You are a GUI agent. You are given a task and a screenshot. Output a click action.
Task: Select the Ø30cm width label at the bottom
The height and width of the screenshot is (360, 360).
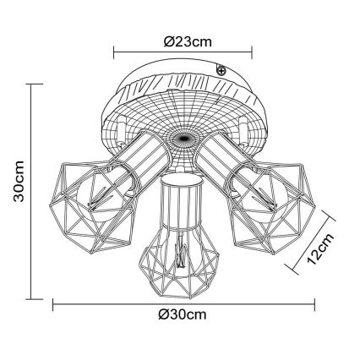(x=183, y=315)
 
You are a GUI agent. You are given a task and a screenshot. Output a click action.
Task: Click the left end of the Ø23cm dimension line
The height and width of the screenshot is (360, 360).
(x=114, y=52)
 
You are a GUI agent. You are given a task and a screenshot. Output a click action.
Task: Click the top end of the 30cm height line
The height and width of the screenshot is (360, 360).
(x=33, y=84)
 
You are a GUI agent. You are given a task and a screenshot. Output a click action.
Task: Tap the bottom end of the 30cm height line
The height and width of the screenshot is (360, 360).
(x=33, y=298)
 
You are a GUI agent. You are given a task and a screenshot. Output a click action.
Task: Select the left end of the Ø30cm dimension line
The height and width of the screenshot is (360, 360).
(x=53, y=302)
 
